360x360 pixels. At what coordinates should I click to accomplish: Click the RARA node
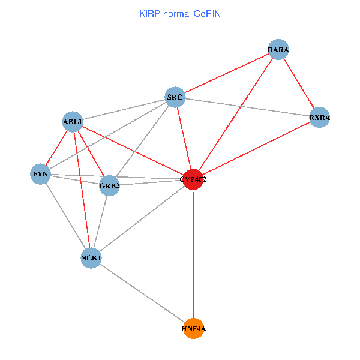point(278,50)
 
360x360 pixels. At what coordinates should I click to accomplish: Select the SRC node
point(175,97)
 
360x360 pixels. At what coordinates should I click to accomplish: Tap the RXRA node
point(319,118)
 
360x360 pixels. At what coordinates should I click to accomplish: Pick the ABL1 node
point(73,122)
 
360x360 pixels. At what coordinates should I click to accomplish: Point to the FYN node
point(40,175)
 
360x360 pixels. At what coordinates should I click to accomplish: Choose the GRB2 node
point(110,185)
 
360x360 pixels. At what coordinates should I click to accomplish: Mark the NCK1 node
point(91,258)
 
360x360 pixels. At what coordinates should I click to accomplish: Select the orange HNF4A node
point(193,329)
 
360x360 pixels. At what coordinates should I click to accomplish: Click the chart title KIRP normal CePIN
point(179,13)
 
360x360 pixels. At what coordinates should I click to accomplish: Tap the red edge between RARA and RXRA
point(299,84)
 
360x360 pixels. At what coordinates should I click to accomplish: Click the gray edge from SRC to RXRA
point(247,107)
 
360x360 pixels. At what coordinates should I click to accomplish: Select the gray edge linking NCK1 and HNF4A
point(142,293)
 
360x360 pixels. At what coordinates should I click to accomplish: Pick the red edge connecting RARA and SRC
point(226,74)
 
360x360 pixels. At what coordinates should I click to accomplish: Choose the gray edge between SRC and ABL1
point(124,110)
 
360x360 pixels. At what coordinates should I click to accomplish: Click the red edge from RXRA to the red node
point(256,148)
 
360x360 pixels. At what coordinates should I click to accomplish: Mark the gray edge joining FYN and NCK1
point(65,217)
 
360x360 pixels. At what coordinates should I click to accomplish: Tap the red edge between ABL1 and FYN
point(56,149)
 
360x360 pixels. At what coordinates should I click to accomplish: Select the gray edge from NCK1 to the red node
point(142,219)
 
